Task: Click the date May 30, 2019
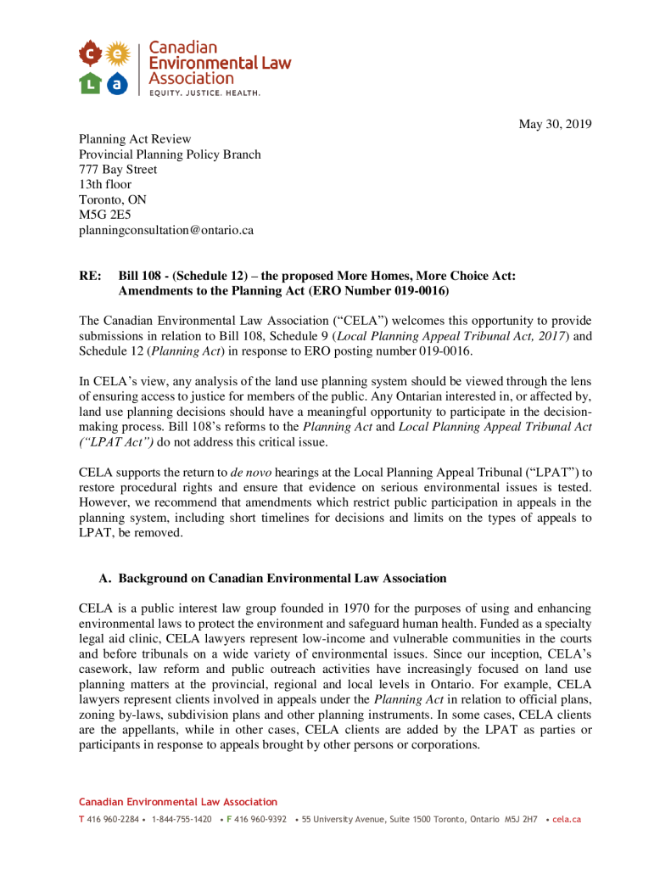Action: click(x=555, y=125)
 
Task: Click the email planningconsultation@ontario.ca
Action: click(x=166, y=230)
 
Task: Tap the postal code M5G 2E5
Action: click(x=105, y=215)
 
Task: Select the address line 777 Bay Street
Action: click(x=118, y=170)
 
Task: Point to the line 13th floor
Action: click(x=105, y=185)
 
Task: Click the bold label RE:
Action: click(x=90, y=276)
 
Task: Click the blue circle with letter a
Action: click(x=118, y=83)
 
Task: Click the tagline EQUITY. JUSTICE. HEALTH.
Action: click(x=205, y=92)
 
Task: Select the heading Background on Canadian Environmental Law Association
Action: click(x=282, y=579)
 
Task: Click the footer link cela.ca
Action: click(x=567, y=820)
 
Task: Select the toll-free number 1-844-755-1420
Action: click(x=182, y=820)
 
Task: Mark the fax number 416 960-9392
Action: click(x=260, y=820)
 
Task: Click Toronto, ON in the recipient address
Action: click(x=113, y=200)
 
